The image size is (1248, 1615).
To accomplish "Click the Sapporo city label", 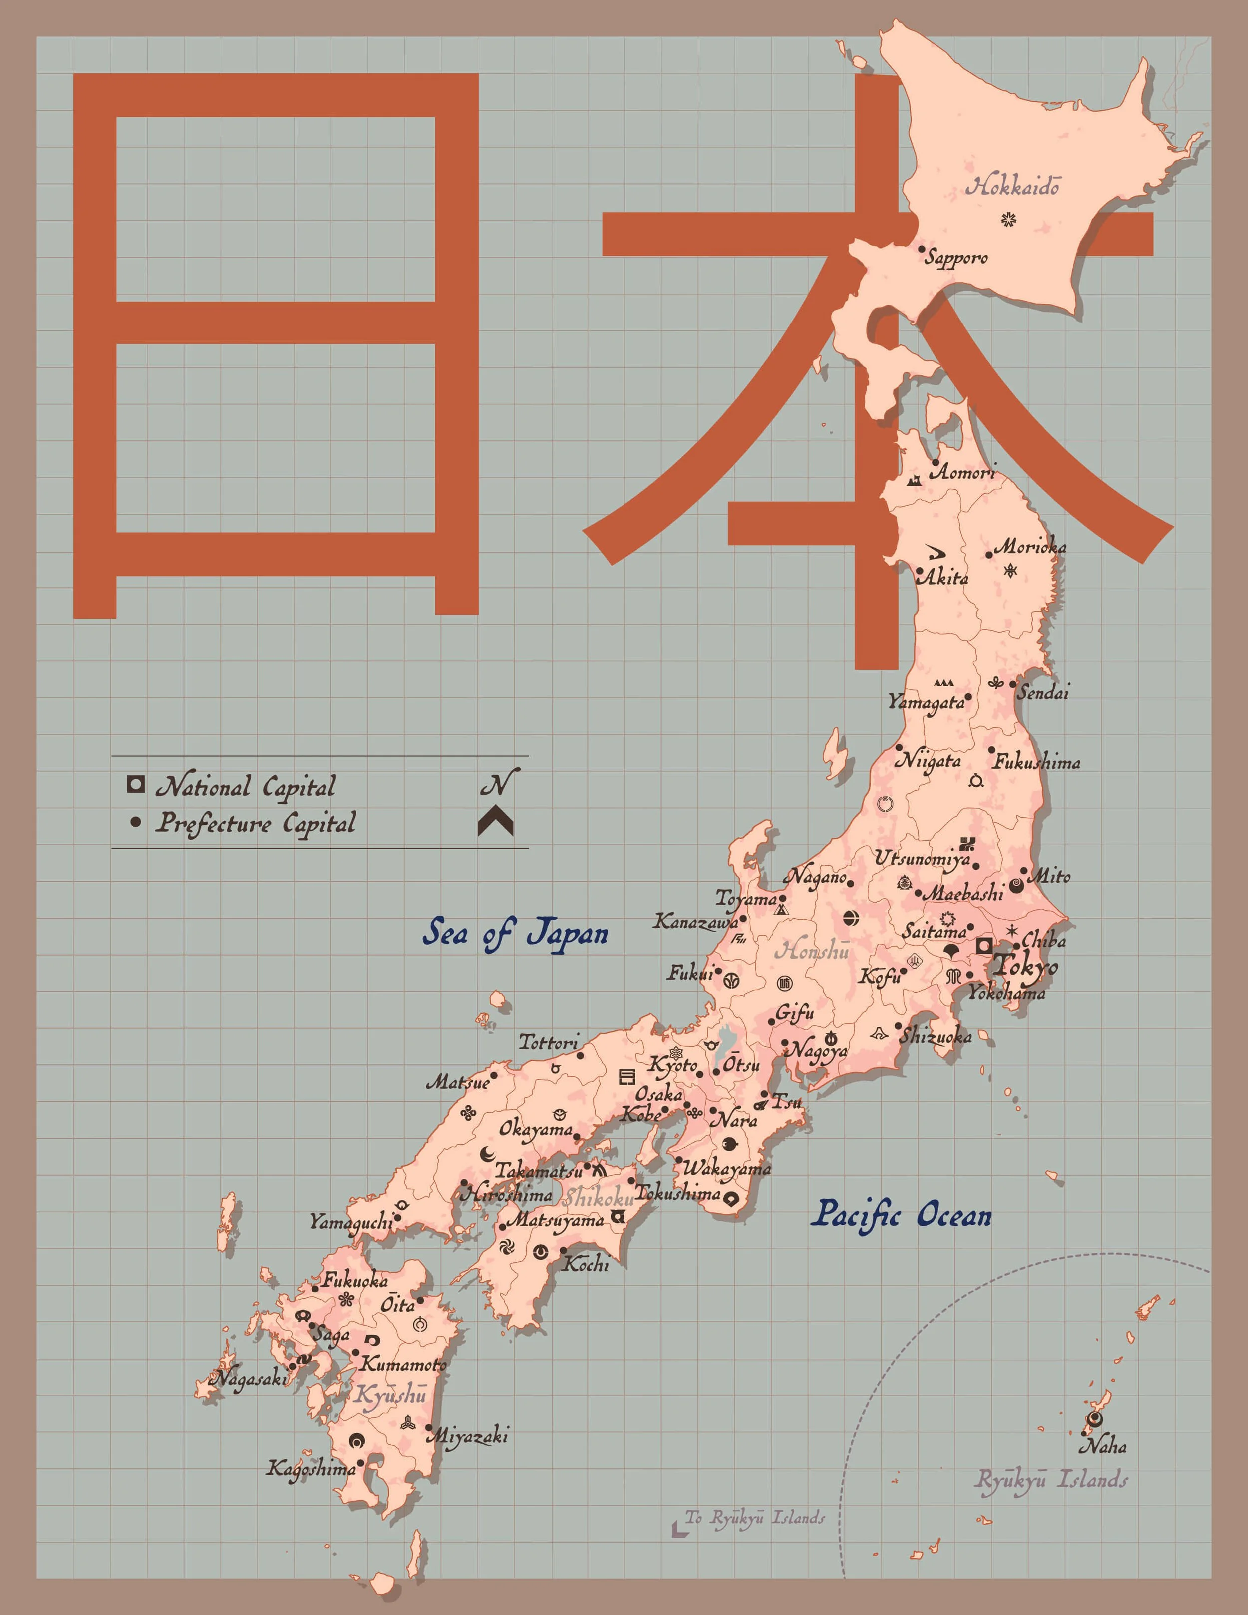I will (x=956, y=257).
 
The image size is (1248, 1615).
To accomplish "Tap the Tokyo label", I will (x=1025, y=965).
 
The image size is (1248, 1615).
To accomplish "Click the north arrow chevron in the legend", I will (x=495, y=822).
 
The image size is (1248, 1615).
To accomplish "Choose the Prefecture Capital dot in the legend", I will (x=135, y=822).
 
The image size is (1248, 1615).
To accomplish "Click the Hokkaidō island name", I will (x=1012, y=186).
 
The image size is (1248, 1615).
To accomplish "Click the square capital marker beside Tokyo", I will (x=984, y=945).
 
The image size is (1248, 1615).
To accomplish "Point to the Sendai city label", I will (x=1042, y=693).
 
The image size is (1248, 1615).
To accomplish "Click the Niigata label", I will (x=928, y=760).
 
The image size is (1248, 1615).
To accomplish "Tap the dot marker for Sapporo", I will (x=921, y=249).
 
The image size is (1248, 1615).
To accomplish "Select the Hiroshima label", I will (x=507, y=1194).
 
